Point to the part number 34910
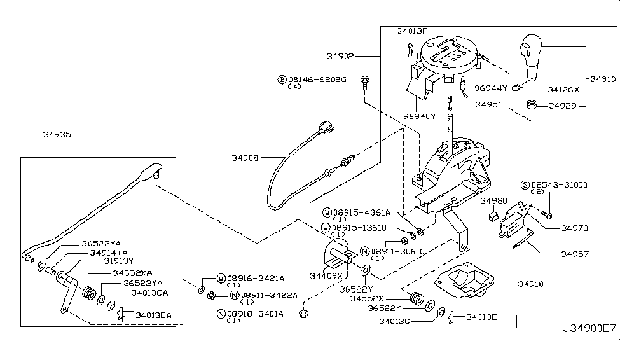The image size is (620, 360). pos(603,80)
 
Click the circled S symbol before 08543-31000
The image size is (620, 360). pos(525,184)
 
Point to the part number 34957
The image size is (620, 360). pos(574,254)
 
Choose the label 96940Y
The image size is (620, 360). pos(420,116)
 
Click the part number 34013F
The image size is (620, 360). pos(413,31)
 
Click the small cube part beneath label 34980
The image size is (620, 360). pos(492,216)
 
